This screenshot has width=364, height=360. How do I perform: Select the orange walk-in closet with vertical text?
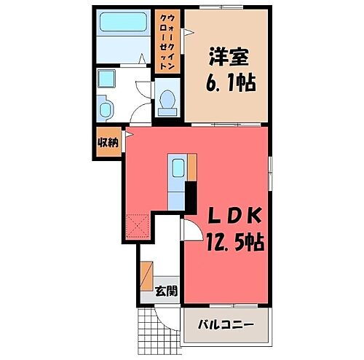pos(168,41)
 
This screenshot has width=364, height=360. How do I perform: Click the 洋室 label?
pos(228,58)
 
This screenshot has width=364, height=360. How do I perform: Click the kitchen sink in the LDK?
pos(177,168)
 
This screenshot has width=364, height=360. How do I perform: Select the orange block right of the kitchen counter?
pos(192,165)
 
